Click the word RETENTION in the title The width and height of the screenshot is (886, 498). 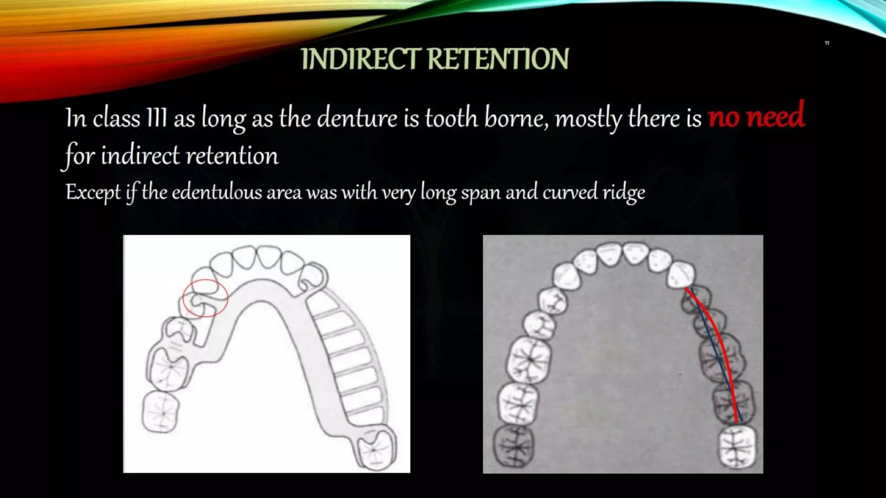click(498, 59)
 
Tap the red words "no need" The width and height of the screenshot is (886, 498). click(756, 116)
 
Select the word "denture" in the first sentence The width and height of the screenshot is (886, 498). click(357, 118)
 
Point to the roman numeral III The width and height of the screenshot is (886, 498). click(157, 118)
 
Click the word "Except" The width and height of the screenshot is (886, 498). click(93, 192)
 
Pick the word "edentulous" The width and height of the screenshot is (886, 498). click(217, 192)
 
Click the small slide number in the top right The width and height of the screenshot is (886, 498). click(827, 43)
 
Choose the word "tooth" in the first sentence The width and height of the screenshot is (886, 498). click(451, 118)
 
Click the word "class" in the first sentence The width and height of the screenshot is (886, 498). click(116, 118)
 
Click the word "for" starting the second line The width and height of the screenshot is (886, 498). click(80, 156)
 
